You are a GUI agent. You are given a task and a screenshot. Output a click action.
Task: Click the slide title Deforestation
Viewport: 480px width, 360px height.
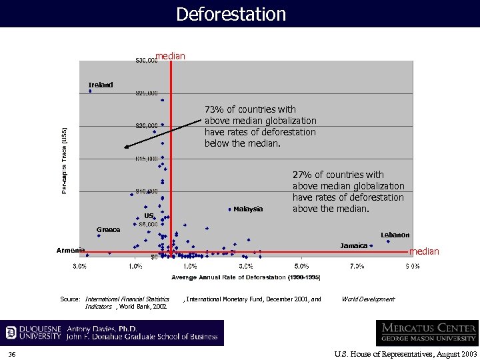tap(231, 14)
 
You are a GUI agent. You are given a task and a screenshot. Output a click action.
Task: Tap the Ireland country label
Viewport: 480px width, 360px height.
tap(101, 85)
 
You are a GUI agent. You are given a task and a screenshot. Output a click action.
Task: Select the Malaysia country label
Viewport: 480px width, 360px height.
tap(248, 209)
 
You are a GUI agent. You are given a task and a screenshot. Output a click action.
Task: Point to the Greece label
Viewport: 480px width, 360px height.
tap(108, 230)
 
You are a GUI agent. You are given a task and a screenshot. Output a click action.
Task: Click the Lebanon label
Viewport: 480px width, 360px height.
tap(395, 235)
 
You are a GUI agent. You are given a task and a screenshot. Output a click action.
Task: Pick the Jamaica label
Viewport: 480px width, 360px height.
tap(354, 246)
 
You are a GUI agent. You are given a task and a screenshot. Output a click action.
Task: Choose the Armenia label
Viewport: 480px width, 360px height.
tap(71, 251)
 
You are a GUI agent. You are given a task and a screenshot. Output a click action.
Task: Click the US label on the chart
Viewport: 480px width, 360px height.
tap(149, 216)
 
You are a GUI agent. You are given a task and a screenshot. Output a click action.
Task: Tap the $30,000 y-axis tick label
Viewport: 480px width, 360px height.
tap(146, 61)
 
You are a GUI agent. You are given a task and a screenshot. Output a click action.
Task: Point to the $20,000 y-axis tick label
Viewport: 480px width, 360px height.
tap(147, 125)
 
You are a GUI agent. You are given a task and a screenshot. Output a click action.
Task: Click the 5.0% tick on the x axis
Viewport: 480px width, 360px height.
tap(301, 267)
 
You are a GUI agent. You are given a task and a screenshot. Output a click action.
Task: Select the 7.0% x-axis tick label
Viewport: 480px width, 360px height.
tap(357, 267)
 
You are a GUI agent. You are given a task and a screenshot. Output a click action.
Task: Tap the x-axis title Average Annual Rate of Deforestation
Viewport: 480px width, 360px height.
tap(246, 277)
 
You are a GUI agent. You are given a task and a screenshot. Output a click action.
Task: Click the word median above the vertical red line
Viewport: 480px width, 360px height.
tap(170, 56)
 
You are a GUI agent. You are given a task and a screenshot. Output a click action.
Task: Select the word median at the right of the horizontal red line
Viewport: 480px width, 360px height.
tap(424, 251)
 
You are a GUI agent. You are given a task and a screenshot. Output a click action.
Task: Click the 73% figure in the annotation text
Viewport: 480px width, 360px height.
tap(213, 109)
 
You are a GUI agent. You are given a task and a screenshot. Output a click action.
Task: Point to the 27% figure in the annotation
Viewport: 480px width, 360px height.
tap(301, 175)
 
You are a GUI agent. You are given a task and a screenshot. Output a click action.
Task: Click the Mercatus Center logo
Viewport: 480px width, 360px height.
tap(427, 333)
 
